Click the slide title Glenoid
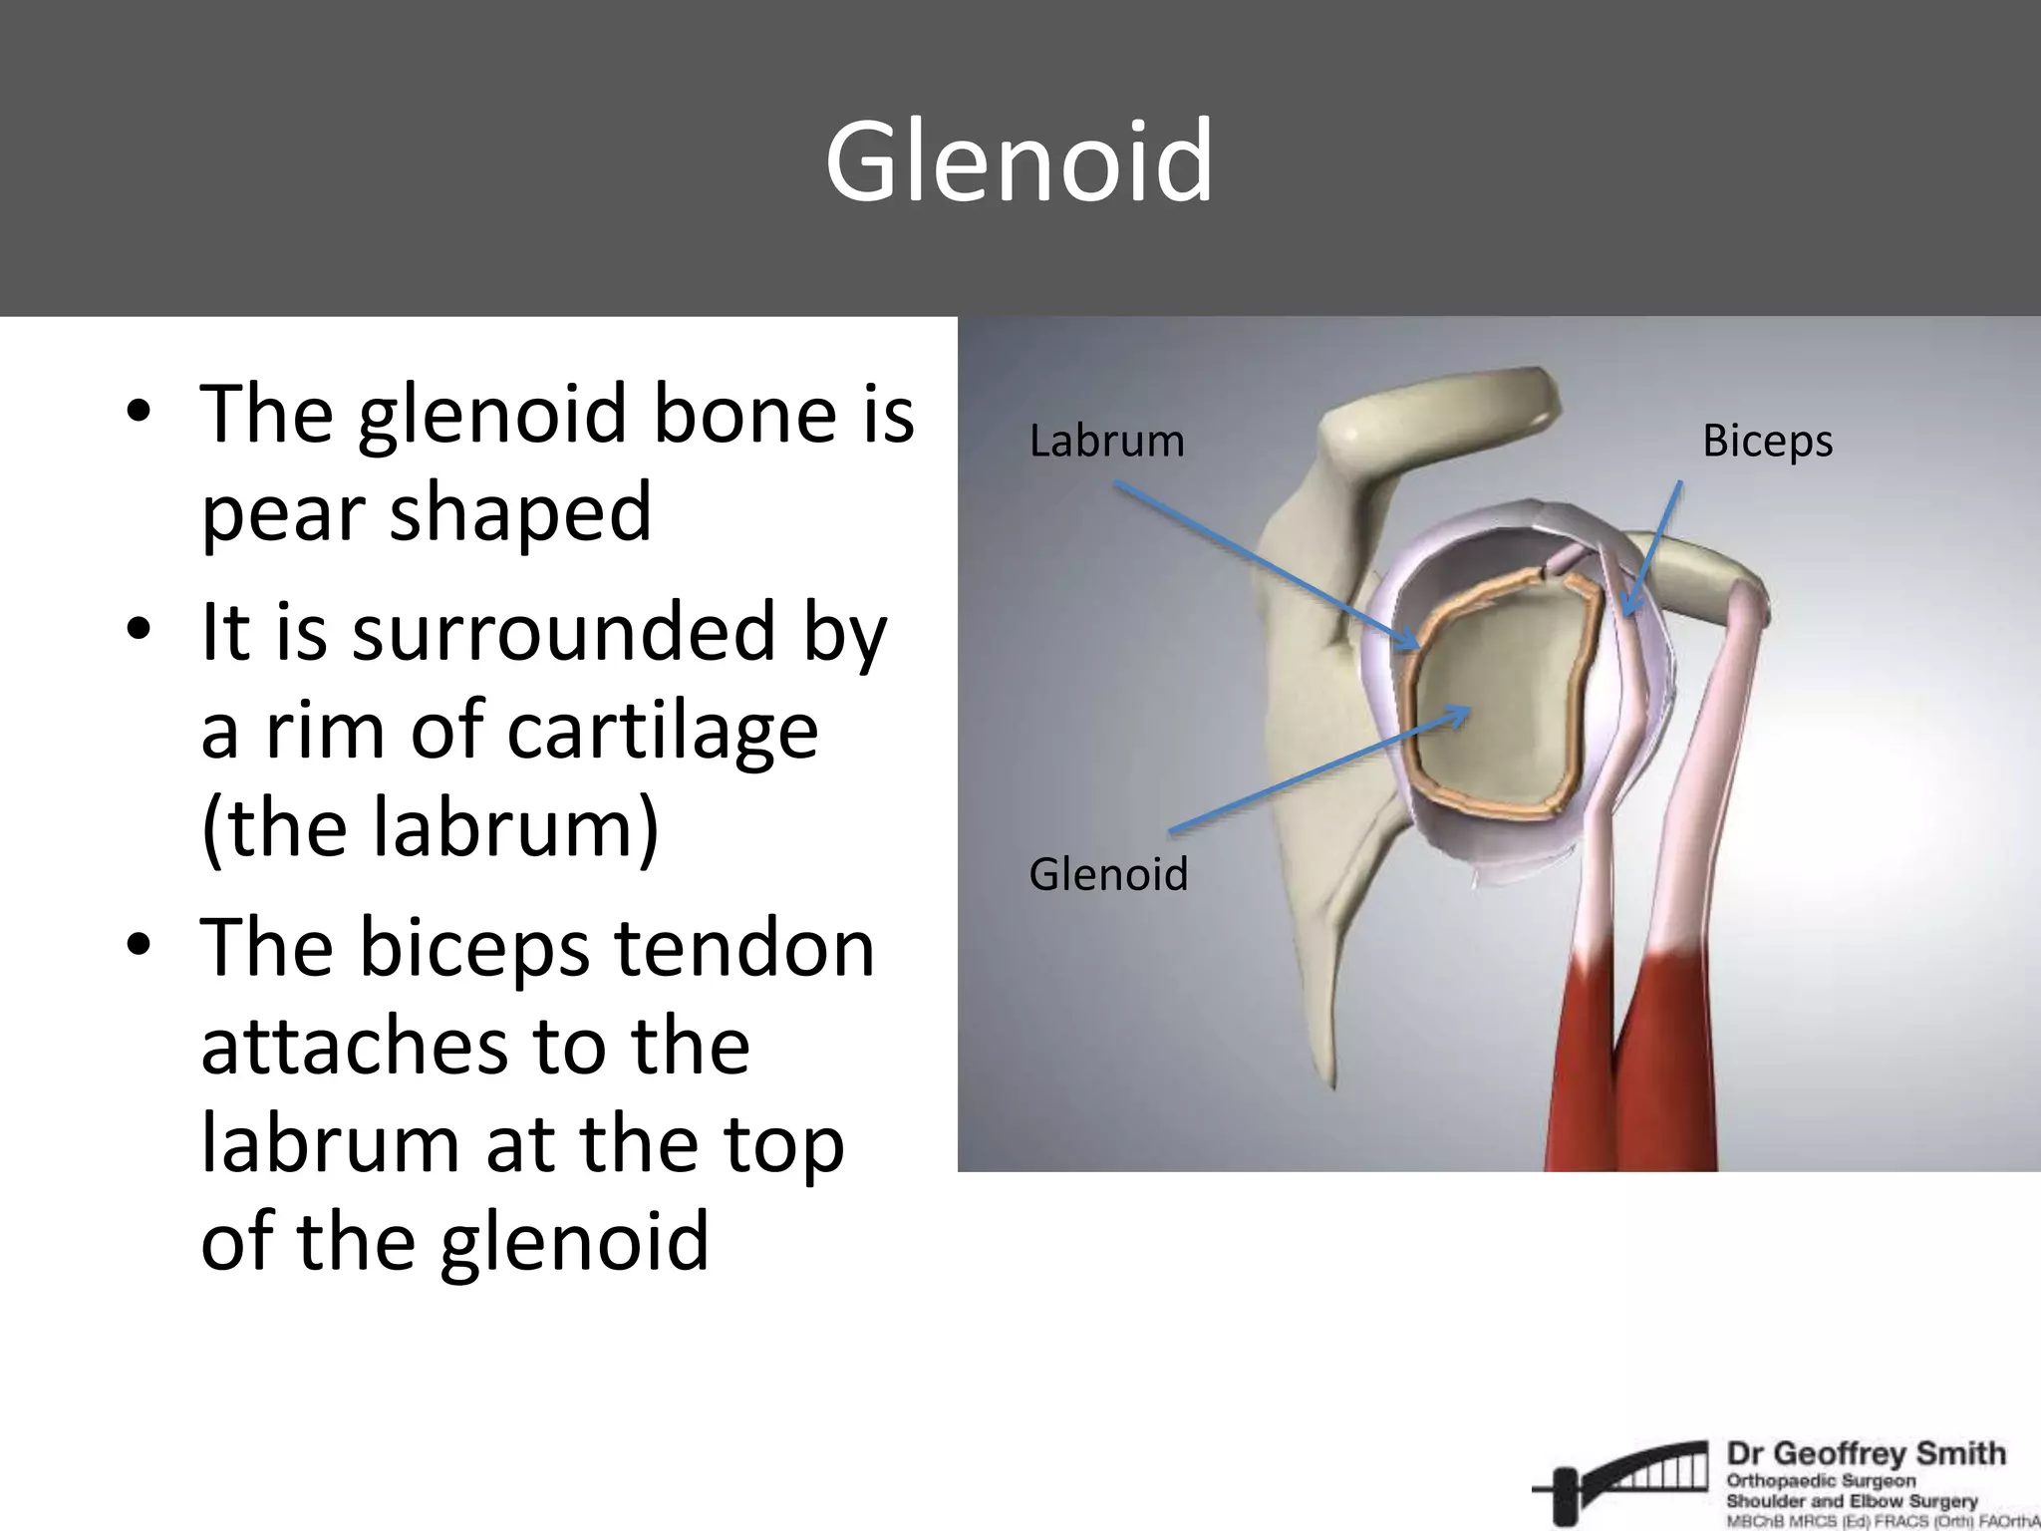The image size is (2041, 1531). point(1019,161)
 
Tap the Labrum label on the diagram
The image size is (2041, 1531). point(1106,441)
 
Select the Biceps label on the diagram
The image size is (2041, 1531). point(1767,441)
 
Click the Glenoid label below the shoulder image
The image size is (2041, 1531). point(1108,874)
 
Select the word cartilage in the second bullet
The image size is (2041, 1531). point(663,731)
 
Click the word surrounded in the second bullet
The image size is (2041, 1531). point(563,632)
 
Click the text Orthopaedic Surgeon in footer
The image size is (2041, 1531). point(1821,1480)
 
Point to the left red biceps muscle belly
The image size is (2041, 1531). point(1582,1067)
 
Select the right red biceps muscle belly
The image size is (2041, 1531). point(1659,1067)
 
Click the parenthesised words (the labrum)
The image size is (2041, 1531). point(430,828)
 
